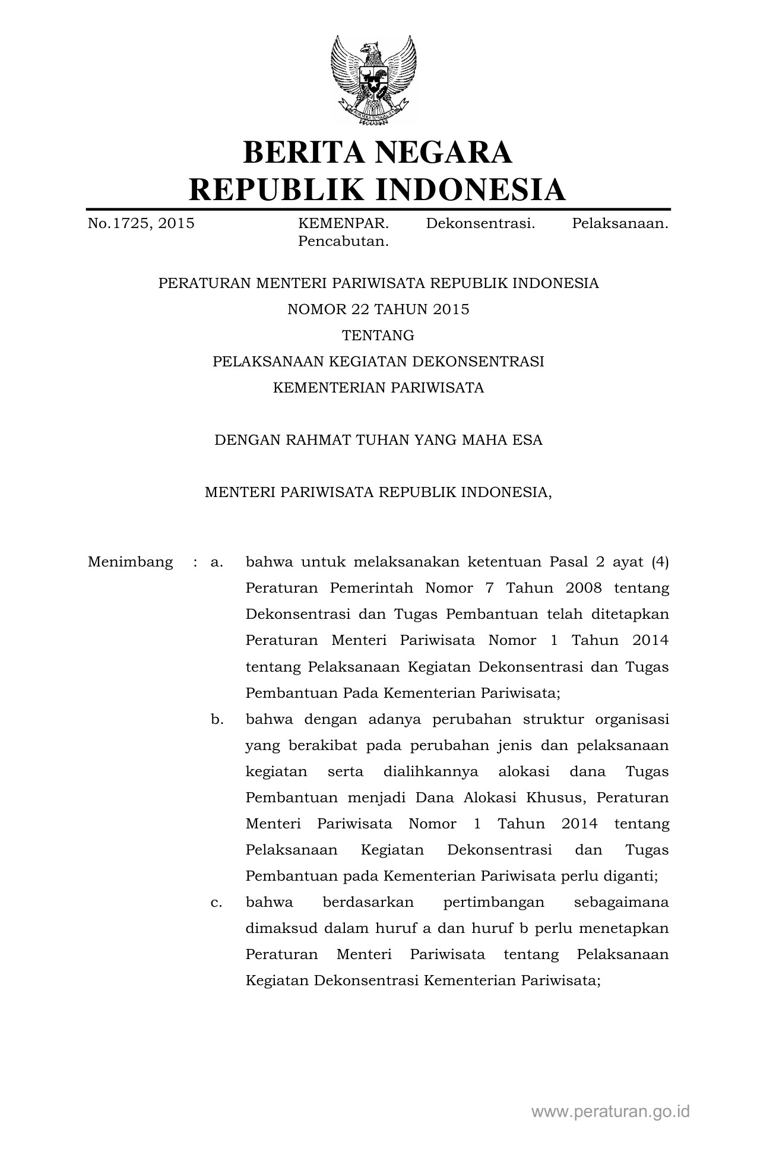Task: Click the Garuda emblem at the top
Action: pos(374,80)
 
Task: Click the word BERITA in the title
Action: pos(302,152)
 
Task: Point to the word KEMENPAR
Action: pos(343,224)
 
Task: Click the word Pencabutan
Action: pos(343,242)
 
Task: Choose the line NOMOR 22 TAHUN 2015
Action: pos(378,309)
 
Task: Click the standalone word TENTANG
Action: pos(378,336)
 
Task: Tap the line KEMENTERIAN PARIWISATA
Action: pos(378,388)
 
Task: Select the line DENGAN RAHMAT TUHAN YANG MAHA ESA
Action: pos(378,440)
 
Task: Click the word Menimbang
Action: pos(131,562)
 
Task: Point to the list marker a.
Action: pos(217,562)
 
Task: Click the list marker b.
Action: pos(217,719)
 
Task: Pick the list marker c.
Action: pos(217,902)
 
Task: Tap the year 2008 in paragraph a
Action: pos(584,588)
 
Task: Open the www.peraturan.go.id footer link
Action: pos(610,1111)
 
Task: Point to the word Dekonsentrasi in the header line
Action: pos(480,224)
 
